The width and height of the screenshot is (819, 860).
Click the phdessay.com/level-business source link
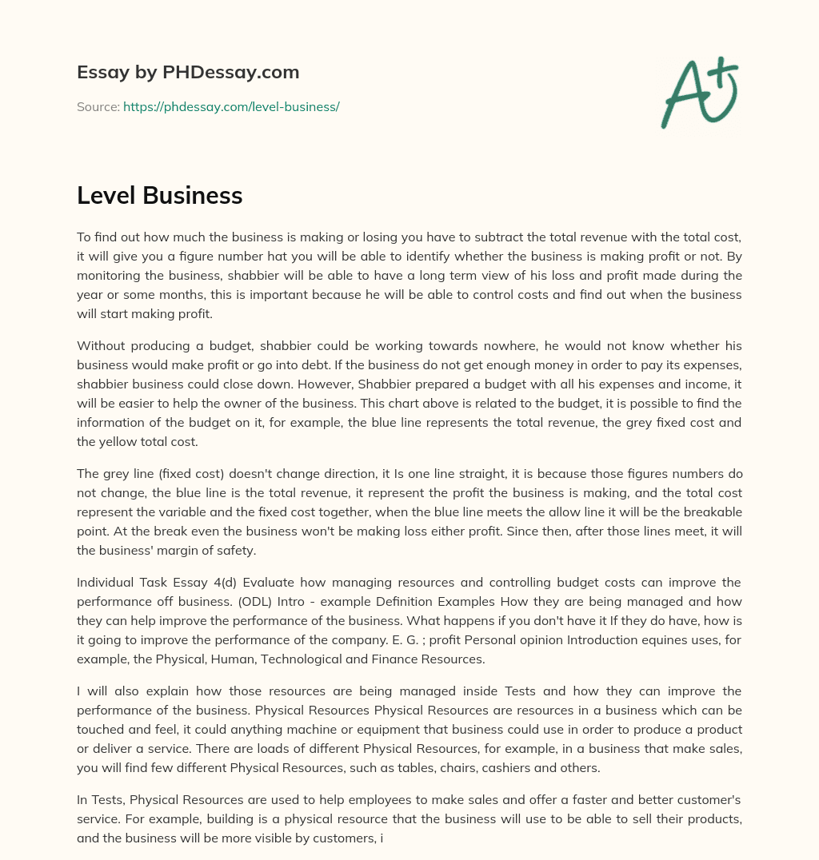click(x=231, y=106)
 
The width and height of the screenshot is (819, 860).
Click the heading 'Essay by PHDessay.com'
click(x=188, y=72)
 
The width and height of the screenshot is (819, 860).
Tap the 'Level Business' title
click(x=159, y=195)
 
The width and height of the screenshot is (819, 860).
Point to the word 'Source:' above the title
click(x=98, y=106)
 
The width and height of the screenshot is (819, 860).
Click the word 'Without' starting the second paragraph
click(x=100, y=345)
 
